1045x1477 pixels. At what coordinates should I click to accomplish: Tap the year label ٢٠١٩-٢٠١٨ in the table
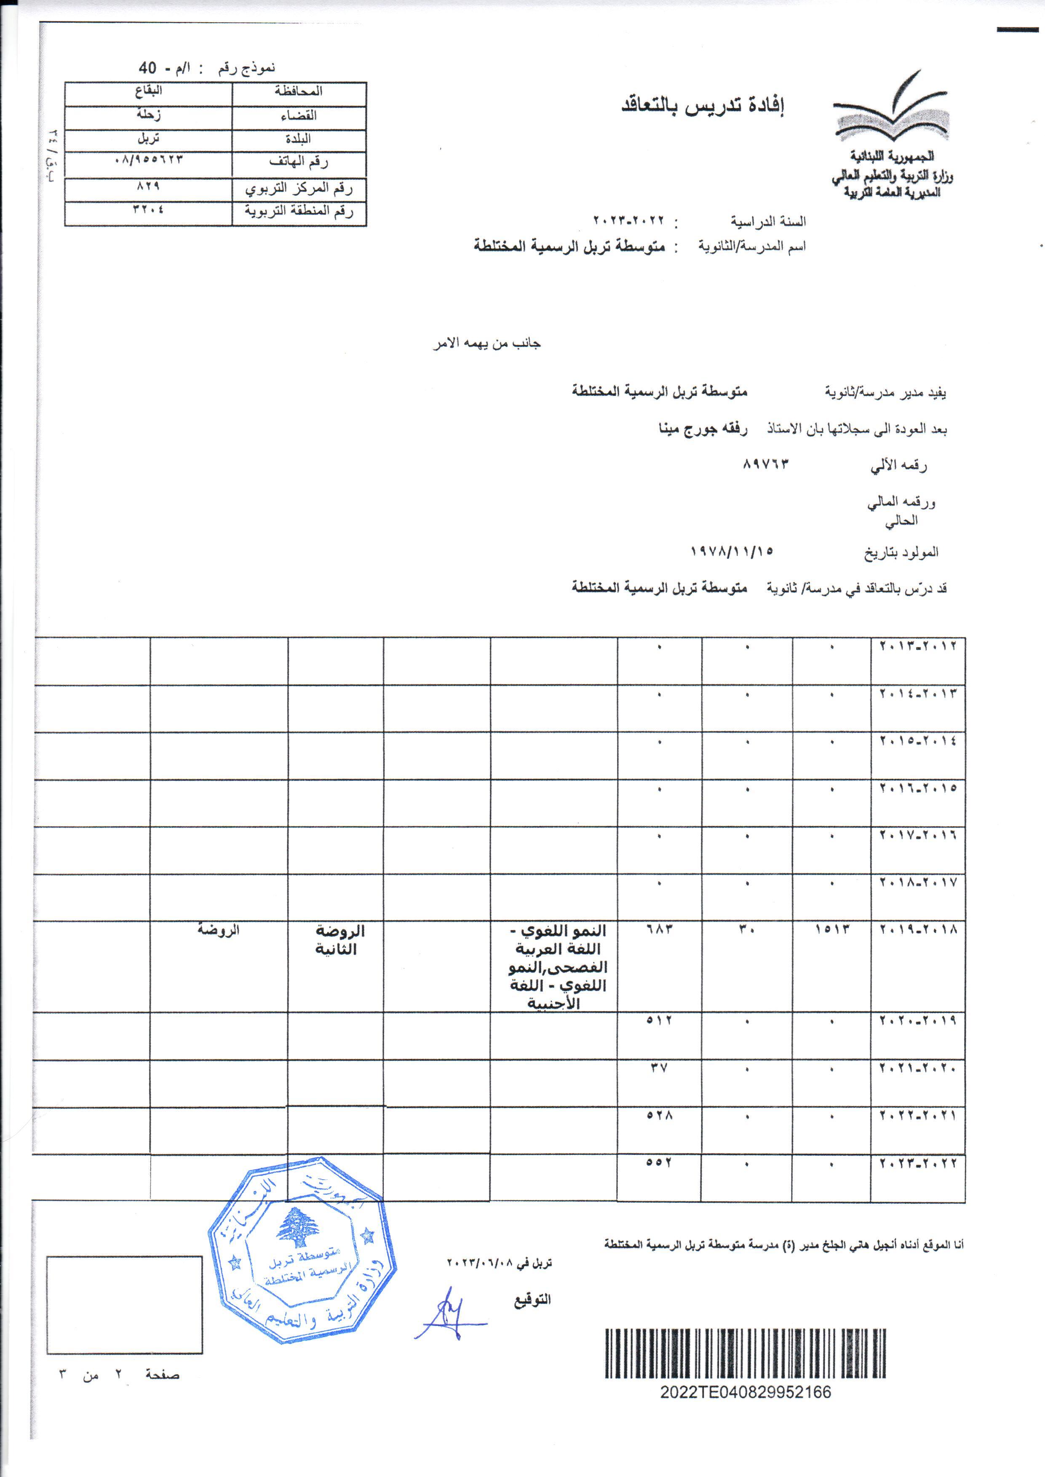tap(918, 930)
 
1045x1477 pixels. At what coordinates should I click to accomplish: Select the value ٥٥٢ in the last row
tap(659, 1163)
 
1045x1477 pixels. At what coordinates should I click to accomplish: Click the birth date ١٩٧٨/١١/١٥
tap(732, 551)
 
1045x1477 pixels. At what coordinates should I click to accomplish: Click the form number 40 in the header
tap(147, 67)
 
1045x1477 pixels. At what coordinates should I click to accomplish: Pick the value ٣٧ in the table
tap(659, 1068)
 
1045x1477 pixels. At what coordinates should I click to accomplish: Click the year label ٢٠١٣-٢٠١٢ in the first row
tap(918, 646)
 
